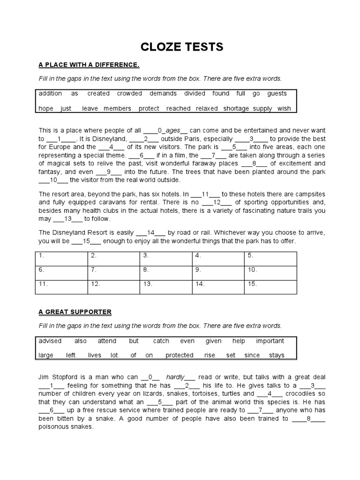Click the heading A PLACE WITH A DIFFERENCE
click(89, 64)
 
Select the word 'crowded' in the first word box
click(129, 93)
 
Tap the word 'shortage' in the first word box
click(236, 108)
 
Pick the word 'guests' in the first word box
click(277, 93)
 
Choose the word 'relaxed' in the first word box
click(207, 108)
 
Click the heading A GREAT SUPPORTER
click(75, 312)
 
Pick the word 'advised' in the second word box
click(50, 341)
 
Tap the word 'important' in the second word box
click(270, 341)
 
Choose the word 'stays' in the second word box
click(277, 355)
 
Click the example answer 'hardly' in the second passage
click(176, 377)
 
